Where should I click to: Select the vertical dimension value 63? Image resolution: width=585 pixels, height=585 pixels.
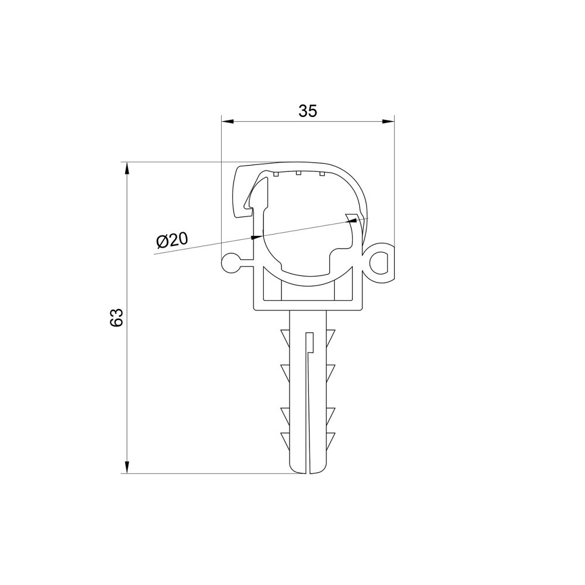coord(116,317)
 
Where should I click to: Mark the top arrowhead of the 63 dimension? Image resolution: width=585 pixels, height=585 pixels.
coord(126,169)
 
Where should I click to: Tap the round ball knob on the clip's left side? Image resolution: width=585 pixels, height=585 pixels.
coord(230,262)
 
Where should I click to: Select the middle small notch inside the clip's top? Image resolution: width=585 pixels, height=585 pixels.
coord(298,173)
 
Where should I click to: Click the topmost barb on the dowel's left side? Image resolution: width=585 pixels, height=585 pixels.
coord(285,336)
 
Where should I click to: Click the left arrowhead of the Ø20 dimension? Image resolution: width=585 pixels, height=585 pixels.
coord(256,237)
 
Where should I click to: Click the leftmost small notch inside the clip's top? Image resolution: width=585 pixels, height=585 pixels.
coord(275,173)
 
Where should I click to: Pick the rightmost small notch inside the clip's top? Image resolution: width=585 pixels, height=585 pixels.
coord(321,173)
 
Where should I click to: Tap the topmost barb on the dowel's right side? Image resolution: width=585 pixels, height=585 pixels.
coord(331,336)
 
